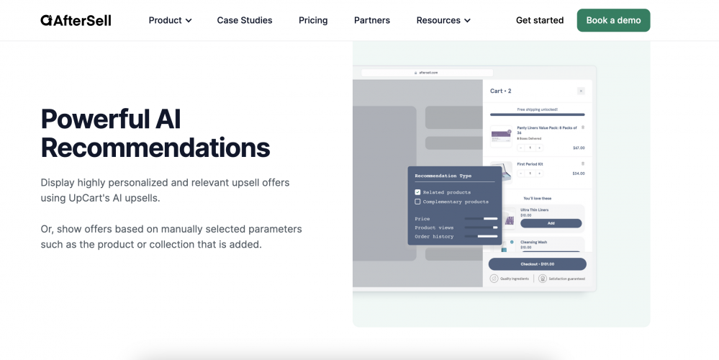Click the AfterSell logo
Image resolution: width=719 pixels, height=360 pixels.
[x=76, y=20]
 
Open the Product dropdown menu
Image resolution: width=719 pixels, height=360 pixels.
[x=170, y=20]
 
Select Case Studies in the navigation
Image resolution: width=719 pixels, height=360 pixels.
[x=245, y=20]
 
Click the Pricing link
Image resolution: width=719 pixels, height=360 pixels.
[x=313, y=20]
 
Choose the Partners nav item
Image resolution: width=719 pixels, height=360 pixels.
[x=372, y=20]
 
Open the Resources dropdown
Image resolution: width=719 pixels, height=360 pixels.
[x=443, y=20]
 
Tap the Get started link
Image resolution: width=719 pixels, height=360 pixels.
[x=540, y=20]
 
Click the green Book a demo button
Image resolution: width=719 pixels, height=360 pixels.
[x=613, y=20]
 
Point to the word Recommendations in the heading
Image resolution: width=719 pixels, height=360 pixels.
[x=155, y=148]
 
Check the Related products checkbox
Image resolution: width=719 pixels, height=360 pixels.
[x=417, y=192]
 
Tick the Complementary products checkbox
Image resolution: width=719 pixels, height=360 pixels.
[x=417, y=202]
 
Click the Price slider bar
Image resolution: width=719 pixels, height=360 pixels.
[x=481, y=218]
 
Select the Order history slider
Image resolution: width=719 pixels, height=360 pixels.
[x=481, y=236]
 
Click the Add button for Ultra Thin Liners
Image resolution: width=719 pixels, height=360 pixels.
[x=551, y=223]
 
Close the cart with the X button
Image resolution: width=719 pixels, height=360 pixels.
[x=581, y=91]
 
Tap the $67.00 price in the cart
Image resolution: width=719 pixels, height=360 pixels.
[x=579, y=148]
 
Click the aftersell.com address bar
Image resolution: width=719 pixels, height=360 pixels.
[x=427, y=73]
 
